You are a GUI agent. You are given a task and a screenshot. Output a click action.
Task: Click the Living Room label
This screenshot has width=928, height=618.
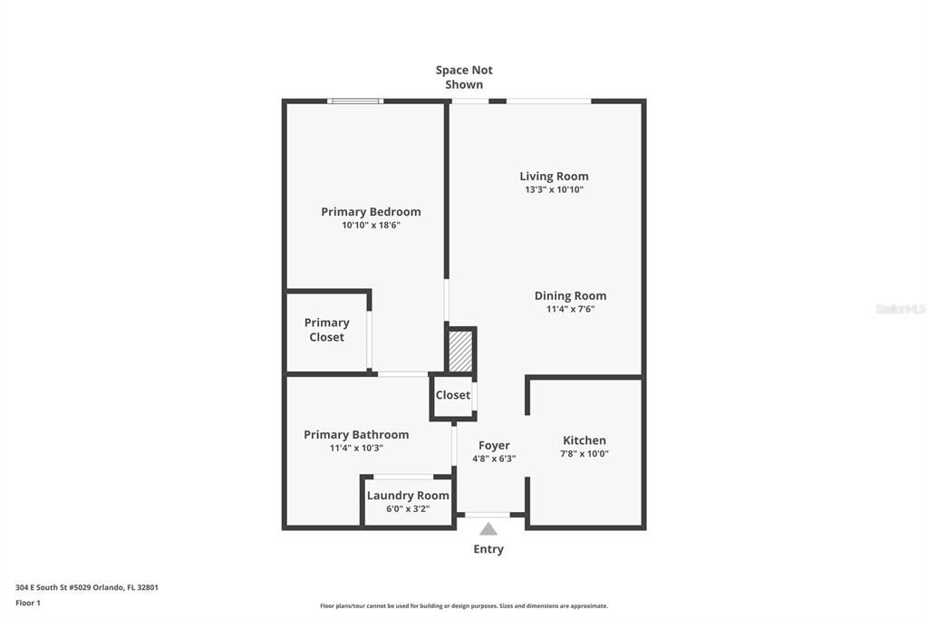[554, 176]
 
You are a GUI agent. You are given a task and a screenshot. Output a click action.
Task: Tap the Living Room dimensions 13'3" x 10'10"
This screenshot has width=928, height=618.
[554, 190]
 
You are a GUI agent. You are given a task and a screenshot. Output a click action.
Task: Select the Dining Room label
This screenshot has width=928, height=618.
[570, 295]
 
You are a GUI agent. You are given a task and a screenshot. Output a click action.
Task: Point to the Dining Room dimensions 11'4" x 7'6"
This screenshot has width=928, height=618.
[570, 309]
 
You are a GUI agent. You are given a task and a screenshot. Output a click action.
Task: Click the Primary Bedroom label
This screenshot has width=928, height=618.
[371, 211]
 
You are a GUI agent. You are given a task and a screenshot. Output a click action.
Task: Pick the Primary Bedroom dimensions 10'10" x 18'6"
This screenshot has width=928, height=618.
[371, 226]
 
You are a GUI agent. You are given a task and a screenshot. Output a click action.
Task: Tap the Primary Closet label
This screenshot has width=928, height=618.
[326, 330]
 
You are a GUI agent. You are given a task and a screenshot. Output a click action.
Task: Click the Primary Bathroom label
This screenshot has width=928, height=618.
[356, 434]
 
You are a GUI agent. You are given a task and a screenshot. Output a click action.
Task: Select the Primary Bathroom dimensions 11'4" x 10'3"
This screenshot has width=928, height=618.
[356, 448]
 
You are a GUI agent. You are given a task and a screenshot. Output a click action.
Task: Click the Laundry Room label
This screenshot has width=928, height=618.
[408, 496]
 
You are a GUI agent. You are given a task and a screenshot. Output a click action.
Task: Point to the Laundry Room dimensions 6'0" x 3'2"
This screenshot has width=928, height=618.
[408, 509]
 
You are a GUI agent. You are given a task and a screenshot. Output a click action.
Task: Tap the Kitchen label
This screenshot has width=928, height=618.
[585, 440]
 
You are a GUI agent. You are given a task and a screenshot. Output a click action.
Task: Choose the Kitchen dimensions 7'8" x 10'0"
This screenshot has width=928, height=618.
[585, 454]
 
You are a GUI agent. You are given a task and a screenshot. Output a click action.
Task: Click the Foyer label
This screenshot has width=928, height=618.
[494, 445]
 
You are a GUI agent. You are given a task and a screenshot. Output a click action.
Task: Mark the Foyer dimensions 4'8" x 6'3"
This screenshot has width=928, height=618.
[494, 459]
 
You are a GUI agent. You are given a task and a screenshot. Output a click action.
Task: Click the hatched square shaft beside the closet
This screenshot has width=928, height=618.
[461, 351]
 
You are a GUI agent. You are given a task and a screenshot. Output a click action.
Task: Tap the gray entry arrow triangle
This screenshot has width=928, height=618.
[488, 529]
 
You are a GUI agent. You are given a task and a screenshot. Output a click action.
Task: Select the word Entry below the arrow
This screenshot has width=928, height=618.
[488, 549]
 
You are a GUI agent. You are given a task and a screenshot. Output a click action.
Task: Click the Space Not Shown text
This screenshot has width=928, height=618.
[464, 77]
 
